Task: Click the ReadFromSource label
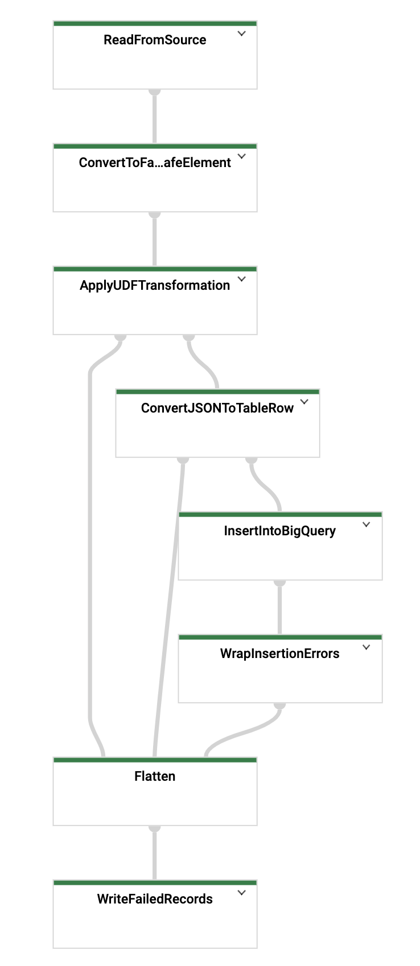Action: pyautogui.click(x=155, y=40)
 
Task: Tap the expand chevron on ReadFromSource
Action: pyautogui.click(x=241, y=34)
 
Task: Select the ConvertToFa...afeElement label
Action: pyautogui.click(x=155, y=163)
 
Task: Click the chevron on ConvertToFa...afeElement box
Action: pyautogui.click(x=241, y=156)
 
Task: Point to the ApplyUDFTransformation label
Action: pyautogui.click(x=155, y=285)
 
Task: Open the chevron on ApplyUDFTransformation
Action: pyautogui.click(x=241, y=279)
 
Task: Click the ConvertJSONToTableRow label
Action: pyautogui.click(x=217, y=408)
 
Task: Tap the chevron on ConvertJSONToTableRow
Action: pyautogui.click(x=304, y=402)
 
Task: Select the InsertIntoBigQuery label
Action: pyautogui.click(x=280, y=531)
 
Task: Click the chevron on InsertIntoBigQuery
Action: pyautogui.click(x=367, y=524)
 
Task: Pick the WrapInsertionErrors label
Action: pyautogui.click(x=280, y=653)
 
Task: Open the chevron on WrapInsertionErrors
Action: pyautogui.click(x=367, y=647)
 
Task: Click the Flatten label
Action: pyautogui.click(x=155, y=776)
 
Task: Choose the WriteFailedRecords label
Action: pyautogui.click(x=155, y=899)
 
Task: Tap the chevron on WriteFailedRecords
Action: pyautogui.click(x=241, y=893)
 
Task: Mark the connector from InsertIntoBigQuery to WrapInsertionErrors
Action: pyautogui.click(x=279, y=607)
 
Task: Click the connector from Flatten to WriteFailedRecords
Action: pyautogui.click(x=154, y=853)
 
